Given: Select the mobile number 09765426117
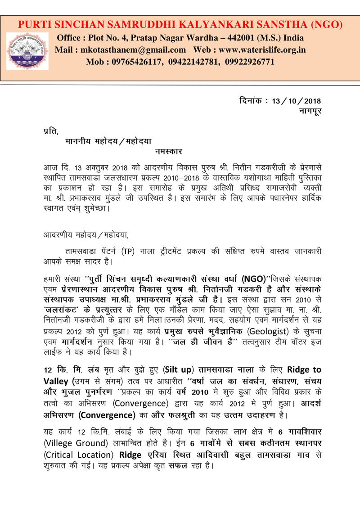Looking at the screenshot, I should pos(136,61).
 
